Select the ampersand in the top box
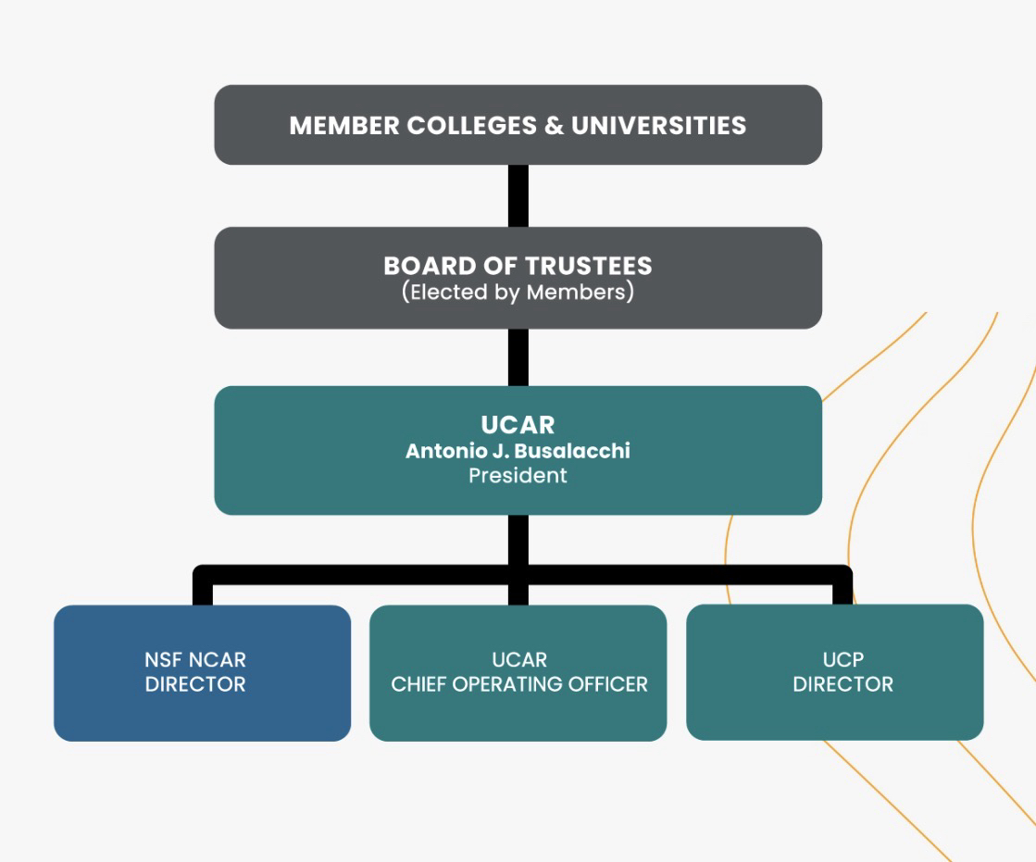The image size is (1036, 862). [554, 126]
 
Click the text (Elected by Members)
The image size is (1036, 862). [518, 293]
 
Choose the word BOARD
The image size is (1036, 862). [430, 267]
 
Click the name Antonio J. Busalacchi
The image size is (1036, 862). [518, 452]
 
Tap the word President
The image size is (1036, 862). [518, 476]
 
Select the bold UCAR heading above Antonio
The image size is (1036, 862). [518, 425]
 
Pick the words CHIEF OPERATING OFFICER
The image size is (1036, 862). [518, 685]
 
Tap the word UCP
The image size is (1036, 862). [843, 660]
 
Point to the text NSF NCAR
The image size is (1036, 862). [195, 660]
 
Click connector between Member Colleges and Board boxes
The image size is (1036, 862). [518, 195]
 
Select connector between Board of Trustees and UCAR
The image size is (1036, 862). [518, 356]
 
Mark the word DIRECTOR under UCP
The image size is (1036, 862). [843, 685]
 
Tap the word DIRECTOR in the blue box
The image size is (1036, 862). [195, 685]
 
